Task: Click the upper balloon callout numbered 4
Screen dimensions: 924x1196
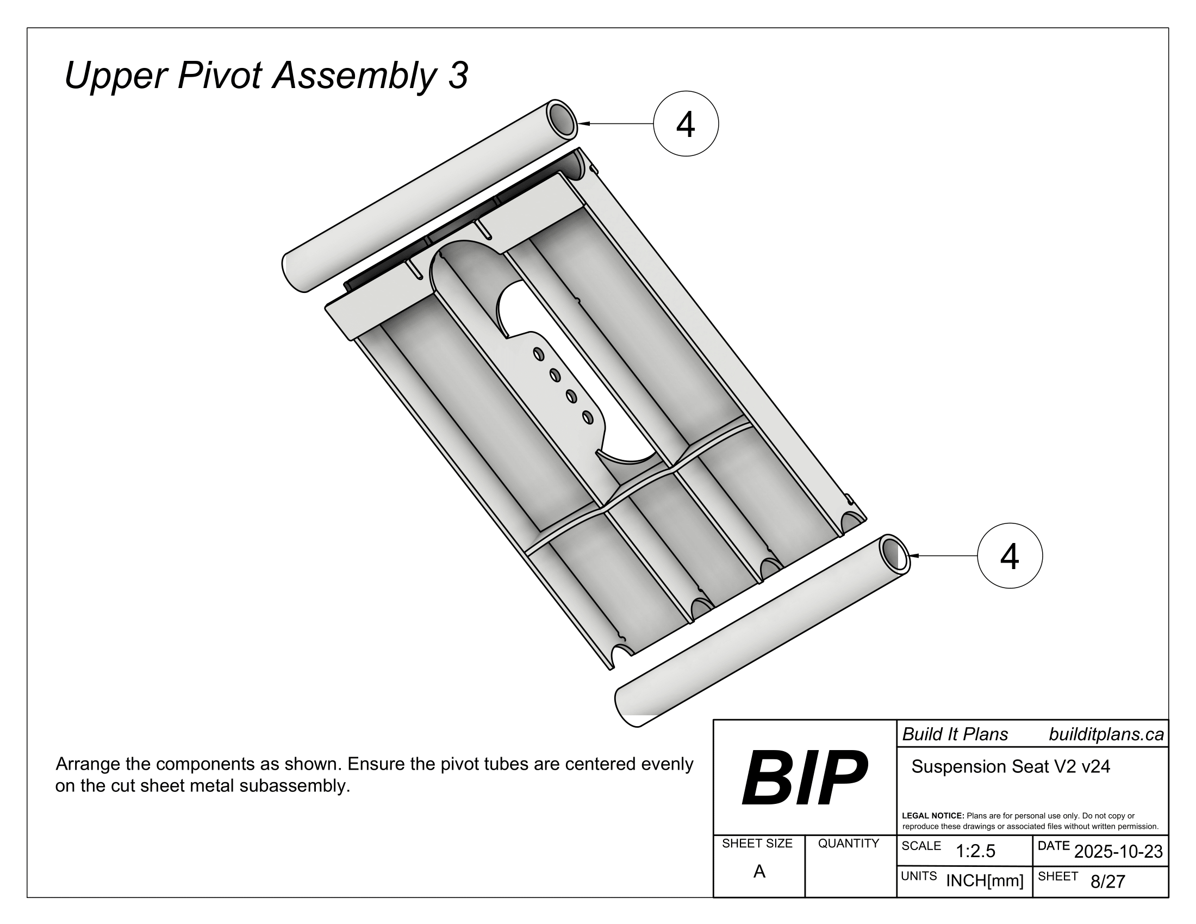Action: pos(685,124)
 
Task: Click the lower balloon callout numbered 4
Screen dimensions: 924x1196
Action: pos(1010,555)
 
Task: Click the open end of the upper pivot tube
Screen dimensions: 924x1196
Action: pos(561,117)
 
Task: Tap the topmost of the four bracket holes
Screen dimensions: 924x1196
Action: pos(538,354)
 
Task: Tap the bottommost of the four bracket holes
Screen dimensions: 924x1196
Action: pos(588,417)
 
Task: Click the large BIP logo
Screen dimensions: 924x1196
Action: pos(804,778)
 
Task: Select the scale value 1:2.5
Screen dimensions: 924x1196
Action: pos(975,851)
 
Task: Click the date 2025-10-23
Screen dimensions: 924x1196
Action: pos(1118,851)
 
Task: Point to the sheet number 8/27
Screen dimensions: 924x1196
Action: pos(1107,881)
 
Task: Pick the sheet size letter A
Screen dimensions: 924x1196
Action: pos(759,871)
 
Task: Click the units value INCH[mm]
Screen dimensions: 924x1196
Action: pos(985,881)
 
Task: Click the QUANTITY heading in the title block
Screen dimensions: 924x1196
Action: pos(848,844)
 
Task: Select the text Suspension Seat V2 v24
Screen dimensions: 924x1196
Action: pos(1011,766)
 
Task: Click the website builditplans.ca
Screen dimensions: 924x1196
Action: pos(1106,734)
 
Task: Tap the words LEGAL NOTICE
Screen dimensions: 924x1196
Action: pos(932,816)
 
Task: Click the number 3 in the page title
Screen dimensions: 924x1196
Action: pos(458,76)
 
